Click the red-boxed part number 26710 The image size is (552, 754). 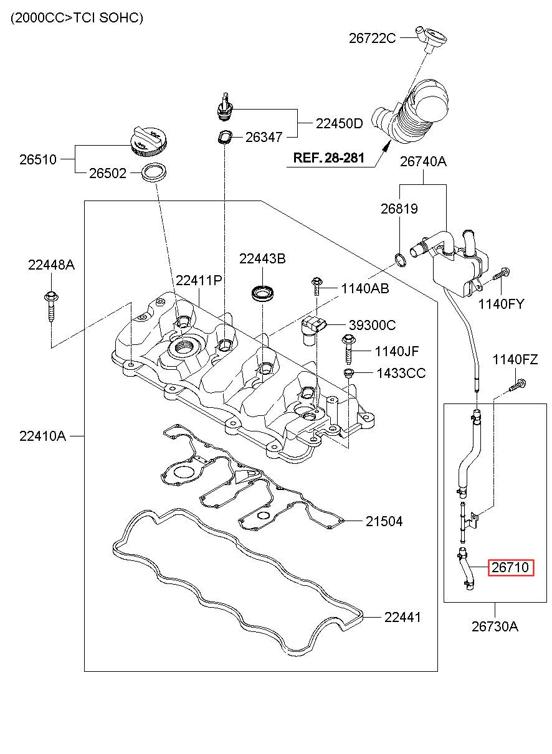tap(511, 567)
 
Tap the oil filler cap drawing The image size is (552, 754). tap(150, 141)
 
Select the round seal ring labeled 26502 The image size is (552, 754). tap(154, 173)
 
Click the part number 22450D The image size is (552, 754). tap(339, 123)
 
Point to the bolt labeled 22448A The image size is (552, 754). tap(51, 306)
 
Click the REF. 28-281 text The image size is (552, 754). tap(329, 158)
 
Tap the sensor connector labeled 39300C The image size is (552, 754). tap(313, 330)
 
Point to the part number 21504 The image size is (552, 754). tap(384, 521)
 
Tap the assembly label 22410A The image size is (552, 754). tap(42, 436)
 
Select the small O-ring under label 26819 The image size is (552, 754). tap(400, 260)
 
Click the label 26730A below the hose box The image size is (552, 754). tap(495, 626)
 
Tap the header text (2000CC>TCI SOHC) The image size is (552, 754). tap(77, 17)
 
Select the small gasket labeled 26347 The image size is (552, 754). tap(224, 137)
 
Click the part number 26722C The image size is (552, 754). tap(372, 38)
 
